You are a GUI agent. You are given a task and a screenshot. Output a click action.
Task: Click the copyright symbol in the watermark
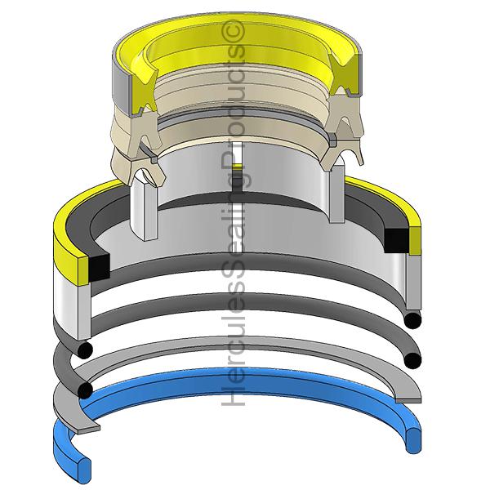pyautogui.click(x=233, y=31)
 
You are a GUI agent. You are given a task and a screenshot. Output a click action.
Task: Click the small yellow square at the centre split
pyautogui.click(x=238, y=167)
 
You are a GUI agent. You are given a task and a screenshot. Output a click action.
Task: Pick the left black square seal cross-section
pyautogui.click(x=100, y=266)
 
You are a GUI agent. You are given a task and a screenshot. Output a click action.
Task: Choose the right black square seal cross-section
pyautogui.click(x=396, y=241)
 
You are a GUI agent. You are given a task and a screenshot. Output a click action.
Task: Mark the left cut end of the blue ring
pyautogui.click(x=84, y=466)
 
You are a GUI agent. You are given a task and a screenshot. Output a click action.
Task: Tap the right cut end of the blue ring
pyautogui.click(x=413, y=440)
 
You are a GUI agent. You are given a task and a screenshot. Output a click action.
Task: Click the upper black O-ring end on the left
pyautogui.click(x=84, y=350)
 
